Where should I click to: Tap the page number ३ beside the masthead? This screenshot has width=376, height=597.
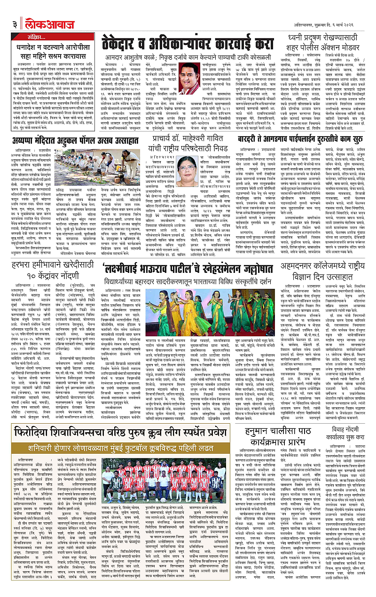coord(15,23)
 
